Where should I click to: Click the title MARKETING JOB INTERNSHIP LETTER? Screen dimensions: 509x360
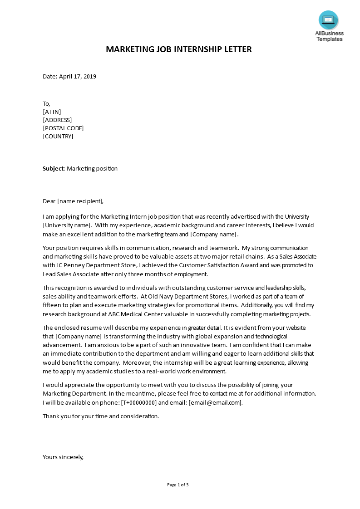[x=178, y=49]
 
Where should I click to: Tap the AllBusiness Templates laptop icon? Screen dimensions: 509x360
[x=328, y=20]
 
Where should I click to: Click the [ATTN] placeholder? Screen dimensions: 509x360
[x=52, y=112]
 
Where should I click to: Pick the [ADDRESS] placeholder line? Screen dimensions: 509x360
[x=57, y=120]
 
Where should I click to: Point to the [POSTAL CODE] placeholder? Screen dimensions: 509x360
[x=63, y=128]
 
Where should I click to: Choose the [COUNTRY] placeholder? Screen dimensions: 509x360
[x=58, y=136]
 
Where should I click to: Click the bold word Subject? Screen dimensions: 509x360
[x=54, y=168]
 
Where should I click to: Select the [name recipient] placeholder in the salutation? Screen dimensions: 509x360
[x=80, y=201]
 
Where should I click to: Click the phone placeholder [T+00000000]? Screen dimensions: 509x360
[x=139, y=402]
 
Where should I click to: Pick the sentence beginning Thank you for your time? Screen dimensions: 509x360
[x=101, y=416]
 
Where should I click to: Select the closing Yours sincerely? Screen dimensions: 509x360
[x=63, y=457]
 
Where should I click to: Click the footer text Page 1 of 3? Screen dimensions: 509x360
[x=178, y=485]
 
